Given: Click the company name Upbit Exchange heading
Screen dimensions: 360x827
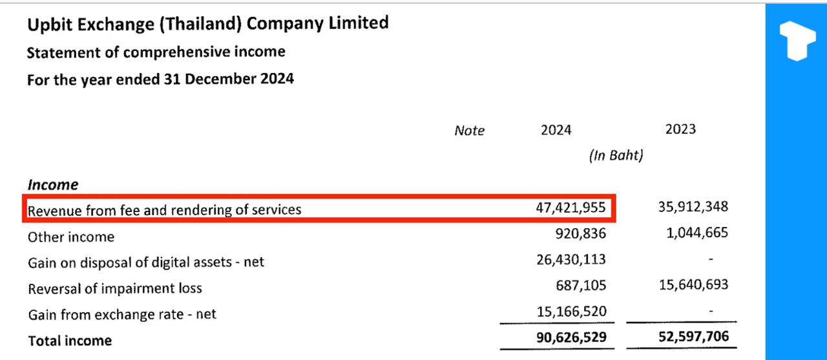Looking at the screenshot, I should (207, 25).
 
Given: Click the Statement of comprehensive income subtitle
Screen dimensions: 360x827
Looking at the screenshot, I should (156, 52).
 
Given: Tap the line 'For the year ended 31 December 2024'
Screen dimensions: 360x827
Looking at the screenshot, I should (160, 79).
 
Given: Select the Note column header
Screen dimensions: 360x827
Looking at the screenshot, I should (469, 131).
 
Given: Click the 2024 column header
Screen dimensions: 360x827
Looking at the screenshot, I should (556, 130).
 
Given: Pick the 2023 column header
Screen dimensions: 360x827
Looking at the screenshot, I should (680, 129).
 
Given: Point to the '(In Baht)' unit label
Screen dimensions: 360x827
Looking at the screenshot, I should (616, 156).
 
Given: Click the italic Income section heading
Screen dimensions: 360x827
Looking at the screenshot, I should (53, 185).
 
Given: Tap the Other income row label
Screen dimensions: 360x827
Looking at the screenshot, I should (71, 237).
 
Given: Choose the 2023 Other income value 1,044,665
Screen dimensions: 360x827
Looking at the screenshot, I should (697, 233).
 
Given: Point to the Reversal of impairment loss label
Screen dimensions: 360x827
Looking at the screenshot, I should (115, 288).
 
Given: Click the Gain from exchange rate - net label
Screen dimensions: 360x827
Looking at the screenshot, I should (122, 315).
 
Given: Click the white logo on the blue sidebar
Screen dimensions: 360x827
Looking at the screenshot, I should (797, 40).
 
